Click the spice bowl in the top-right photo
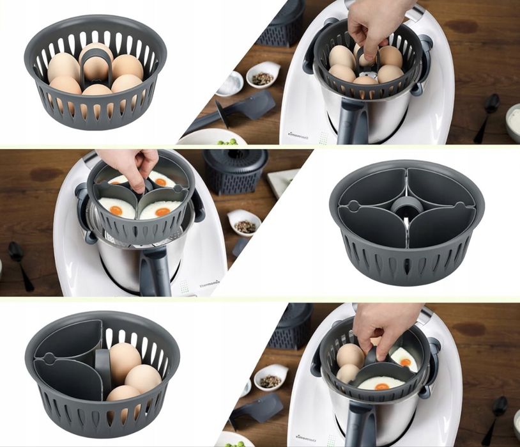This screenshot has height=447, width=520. [263, 76]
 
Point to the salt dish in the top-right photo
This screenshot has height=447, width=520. [231, 83]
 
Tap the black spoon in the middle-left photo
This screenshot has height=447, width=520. [20, 263]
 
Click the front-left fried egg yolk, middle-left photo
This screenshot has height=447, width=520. [116, 210]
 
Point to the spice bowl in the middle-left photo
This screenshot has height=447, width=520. [244, 223]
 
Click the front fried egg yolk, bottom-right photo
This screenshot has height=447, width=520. [382, 386]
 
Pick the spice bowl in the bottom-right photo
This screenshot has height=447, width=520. [271, 378]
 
